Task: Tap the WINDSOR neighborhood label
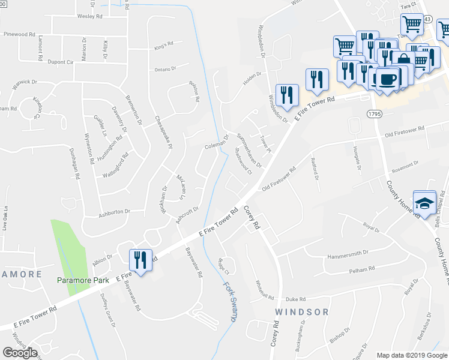pyautogui.click(x=302, y=312)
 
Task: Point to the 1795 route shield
pyautogui.click(x=373, y=113)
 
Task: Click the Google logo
pyautogui.click(x=20, y=352)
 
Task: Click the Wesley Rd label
pyautogui.click(x=89, y=16)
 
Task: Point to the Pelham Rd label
pyautogui.click(x=363, y=268)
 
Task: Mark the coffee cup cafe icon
pyautogui.click(x=387, y=79)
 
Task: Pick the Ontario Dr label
pyautogui.click(x=165, y=70)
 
